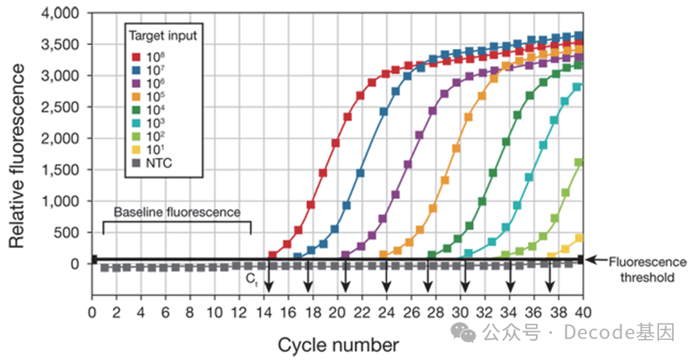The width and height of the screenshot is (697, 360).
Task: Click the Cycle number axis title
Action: tap(338, 345)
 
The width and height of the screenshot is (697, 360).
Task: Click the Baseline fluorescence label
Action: tap(176, 213)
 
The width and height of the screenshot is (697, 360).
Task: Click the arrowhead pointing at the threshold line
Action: tap(593, 260)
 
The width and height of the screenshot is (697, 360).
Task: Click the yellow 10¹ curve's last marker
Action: tap(578, 238)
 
